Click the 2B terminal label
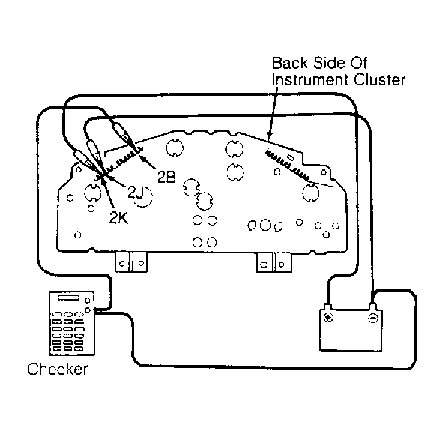tap(166, 178)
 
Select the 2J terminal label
tap(136, 193)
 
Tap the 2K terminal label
tap(119, 218)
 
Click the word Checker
tap(58, 369)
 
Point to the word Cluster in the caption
tap(379, 80)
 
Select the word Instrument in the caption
tap(311, 80)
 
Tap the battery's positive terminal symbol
tap(328, 317)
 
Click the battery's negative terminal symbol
tap(372, 317)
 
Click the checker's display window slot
tap(69, 298)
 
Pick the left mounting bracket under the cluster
tap(131, 262)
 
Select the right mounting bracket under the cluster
tap(274, 262)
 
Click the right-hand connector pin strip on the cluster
tap(287, 166)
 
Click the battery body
tap(351, 331)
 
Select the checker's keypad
tap(67, 331)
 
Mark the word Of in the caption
tap(359, 63)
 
